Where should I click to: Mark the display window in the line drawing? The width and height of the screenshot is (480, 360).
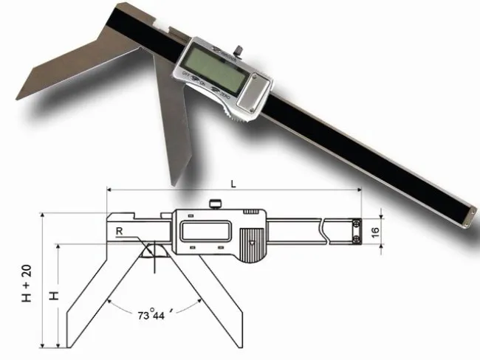201,229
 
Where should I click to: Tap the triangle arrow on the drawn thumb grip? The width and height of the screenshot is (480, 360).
252,241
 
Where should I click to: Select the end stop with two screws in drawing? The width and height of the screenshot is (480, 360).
356,229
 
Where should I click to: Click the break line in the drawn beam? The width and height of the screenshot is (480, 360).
325,229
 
